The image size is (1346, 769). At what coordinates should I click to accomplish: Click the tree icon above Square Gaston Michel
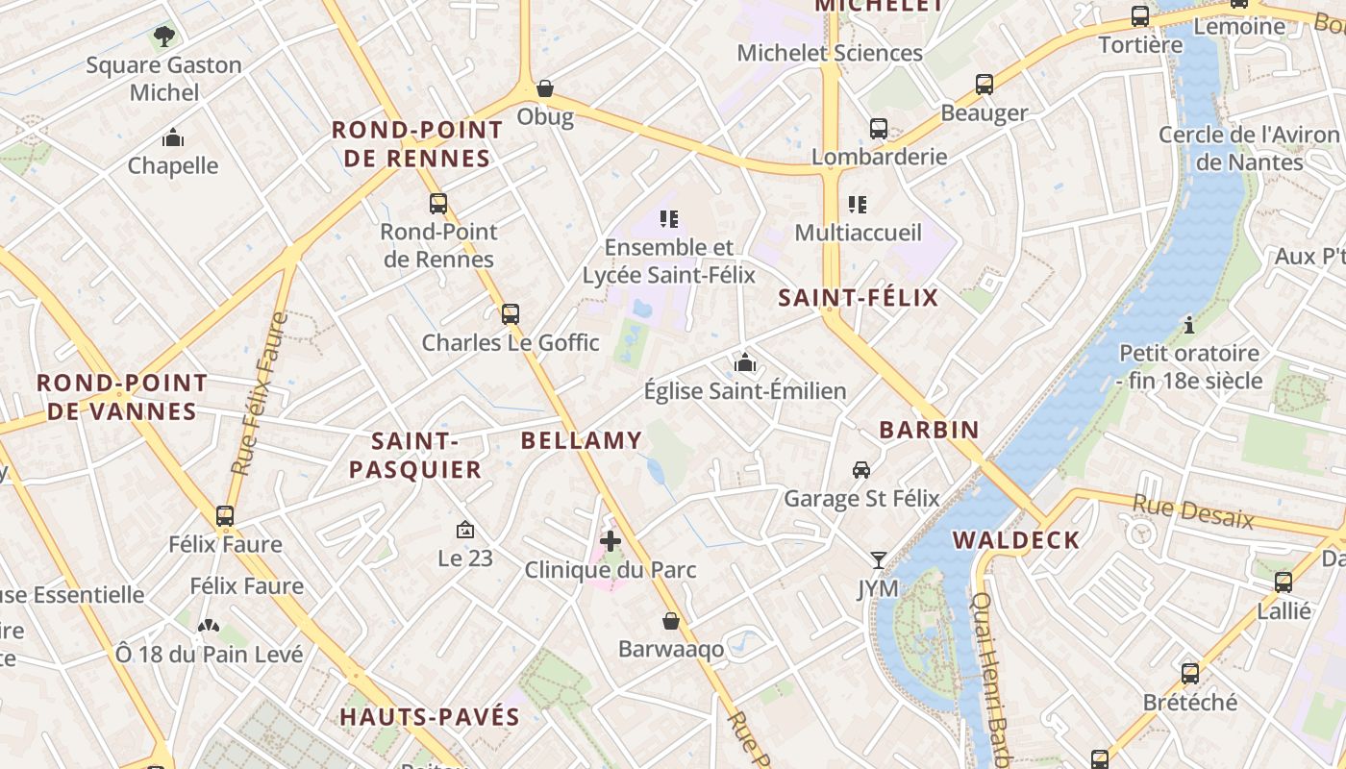(x=164, y=37)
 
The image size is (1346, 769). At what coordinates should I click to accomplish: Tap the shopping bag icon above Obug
(x=545, y=88)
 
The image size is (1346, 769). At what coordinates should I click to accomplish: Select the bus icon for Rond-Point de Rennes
(x=438, y=203)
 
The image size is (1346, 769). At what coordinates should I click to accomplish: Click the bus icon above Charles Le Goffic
(x=511, y=313)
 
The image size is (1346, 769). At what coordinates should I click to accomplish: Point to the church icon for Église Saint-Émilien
(x=745, y=362)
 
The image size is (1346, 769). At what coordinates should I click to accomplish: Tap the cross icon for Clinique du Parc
(x=611, y=541)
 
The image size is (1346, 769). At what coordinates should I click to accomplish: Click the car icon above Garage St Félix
(x=861, y=470)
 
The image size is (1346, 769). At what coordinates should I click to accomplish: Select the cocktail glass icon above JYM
(x=879, y=559)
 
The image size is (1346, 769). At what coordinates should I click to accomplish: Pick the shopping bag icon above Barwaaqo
(x=671, y=621)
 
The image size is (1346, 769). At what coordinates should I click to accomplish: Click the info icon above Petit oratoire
(x=1189, y=325)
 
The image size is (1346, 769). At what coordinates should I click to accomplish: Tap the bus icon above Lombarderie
(x=879, y=128)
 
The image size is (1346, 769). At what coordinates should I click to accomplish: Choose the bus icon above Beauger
(x=985, y=84)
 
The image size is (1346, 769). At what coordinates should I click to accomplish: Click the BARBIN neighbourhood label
(x=929, y=430)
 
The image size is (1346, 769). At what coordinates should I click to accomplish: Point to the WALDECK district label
(x=1016, y=540)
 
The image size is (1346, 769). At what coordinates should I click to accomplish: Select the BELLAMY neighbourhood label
(x=581, y=440)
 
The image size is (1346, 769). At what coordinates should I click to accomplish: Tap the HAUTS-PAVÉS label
(x=429, y=716)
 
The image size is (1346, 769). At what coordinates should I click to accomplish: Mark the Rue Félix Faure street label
(x=260, y=394)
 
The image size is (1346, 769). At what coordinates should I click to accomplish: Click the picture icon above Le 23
(x=465, y=530)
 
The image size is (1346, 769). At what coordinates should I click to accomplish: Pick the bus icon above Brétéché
(x=1190, y=674)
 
